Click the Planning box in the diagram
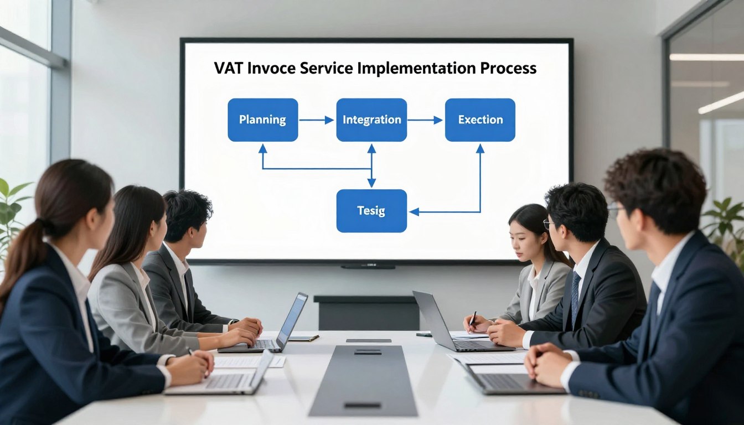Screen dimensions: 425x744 click(262, 120)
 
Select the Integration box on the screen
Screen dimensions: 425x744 click(371, 120)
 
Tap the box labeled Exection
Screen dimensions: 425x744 click(480, 120)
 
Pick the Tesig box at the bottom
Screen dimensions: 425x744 click(371, 211)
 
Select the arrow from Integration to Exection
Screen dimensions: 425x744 click(425, 120)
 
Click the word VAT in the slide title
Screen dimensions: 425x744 click(228, 69)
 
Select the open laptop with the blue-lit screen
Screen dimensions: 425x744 click(291, 320)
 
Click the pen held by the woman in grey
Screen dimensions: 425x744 click(473, 319)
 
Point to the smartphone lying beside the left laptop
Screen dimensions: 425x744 click(304, 338)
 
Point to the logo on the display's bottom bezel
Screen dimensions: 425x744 click(368, 266)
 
